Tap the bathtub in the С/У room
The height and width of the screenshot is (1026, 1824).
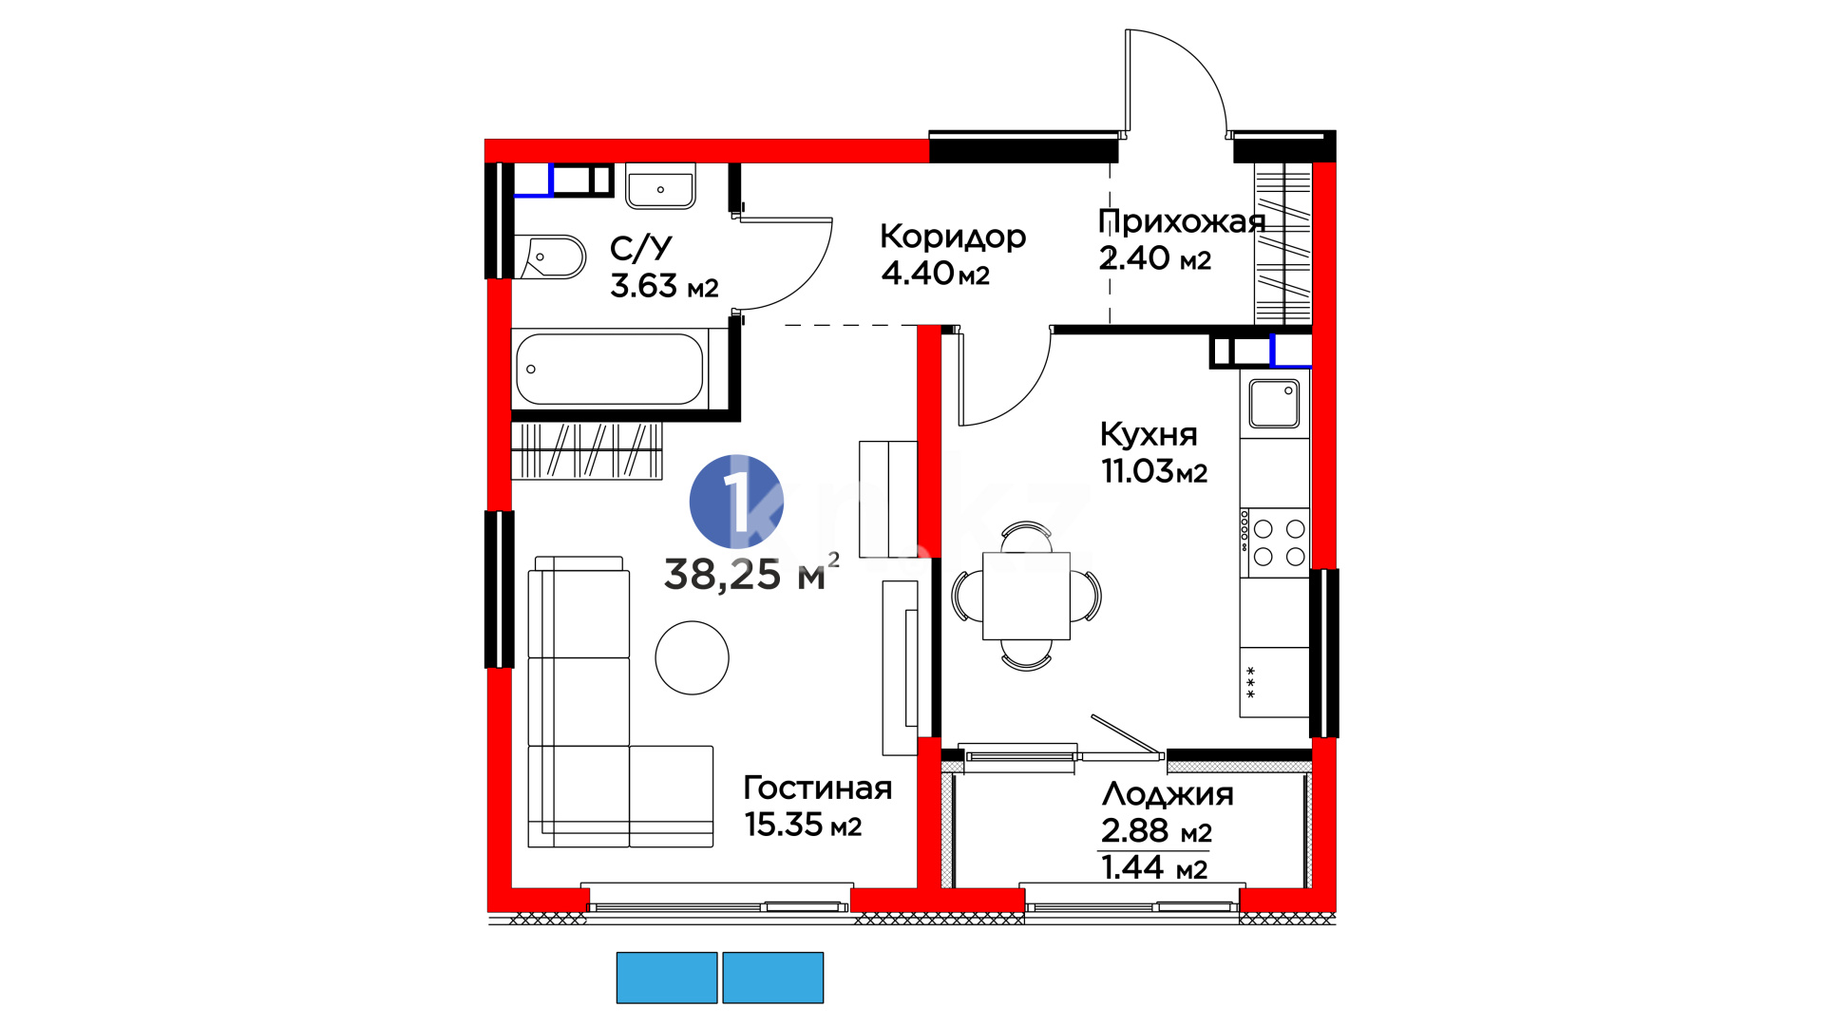(x=609, y=369)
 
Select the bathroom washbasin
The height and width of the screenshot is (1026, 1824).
(x=660, y=186)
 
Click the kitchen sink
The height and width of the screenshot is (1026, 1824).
(x=1274, y=404)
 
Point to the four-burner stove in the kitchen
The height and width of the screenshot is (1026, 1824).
(x=1274, y=542)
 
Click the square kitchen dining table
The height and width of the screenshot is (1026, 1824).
(x=1026, y=596)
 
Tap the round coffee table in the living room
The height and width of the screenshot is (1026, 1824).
(x=692, y=657)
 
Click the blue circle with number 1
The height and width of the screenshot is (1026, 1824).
(x=736, y=502)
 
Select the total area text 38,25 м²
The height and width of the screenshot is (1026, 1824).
(x=751, y=573)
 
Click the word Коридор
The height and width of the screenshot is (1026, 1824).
(x=953, y=237)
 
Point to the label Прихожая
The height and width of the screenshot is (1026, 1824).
(x=1182, y=221)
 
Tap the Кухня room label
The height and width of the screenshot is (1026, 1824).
(x=1149, y=434)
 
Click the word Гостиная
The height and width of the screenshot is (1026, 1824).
(x=818, y=788)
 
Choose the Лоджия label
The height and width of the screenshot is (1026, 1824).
(x=1168, y=794)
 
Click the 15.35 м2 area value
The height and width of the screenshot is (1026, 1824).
(x=803, y=825)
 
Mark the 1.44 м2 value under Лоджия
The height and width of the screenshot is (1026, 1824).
(x=1154, y=867)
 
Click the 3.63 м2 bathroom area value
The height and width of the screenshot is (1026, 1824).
(x=664, y=286)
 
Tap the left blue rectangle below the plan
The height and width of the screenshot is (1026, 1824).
(x=667, y=978)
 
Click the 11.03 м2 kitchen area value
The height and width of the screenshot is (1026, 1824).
(x=1154, y=471)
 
